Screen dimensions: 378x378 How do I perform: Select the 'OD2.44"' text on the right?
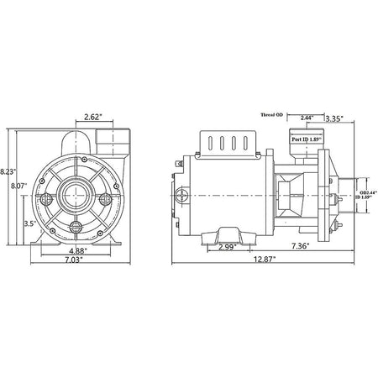[367, 193]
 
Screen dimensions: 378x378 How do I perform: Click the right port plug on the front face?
[104, 199]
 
